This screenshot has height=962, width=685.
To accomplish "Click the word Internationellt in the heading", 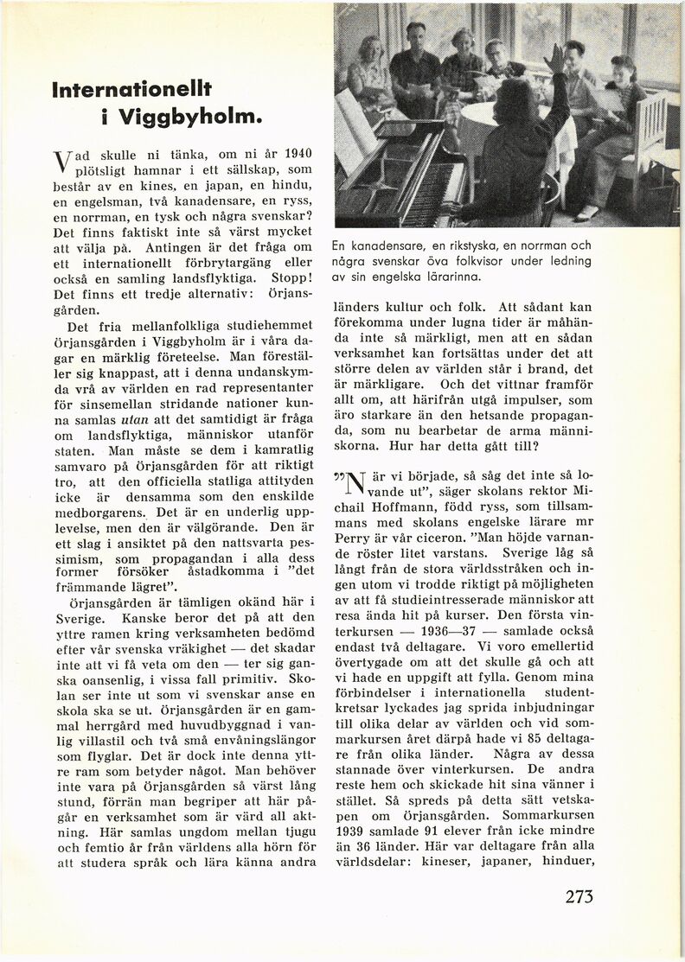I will [131, 88].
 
